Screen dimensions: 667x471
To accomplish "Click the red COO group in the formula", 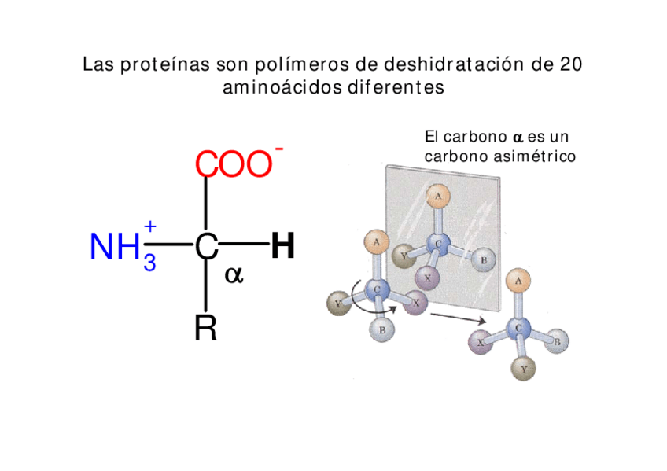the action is click(233, 166).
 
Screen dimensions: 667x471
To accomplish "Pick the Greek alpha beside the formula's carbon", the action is click(234, 275).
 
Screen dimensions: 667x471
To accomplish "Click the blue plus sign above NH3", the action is click(150, 226).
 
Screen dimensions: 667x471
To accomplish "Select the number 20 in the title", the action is click(570, 64).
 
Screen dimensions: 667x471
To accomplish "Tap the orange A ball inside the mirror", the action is click(437, 196).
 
